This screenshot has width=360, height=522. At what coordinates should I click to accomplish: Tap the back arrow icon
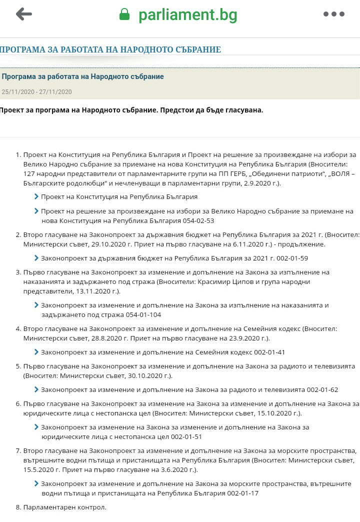point(23,14)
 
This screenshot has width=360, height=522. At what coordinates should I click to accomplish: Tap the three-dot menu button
point(333,14)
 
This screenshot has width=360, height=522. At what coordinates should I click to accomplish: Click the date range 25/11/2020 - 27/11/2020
point(37,92)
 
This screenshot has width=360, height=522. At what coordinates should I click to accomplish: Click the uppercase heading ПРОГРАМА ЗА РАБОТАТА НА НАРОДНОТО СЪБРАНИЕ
point(110,49)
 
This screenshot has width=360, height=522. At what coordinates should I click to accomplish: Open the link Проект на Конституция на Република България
point(119,197)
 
